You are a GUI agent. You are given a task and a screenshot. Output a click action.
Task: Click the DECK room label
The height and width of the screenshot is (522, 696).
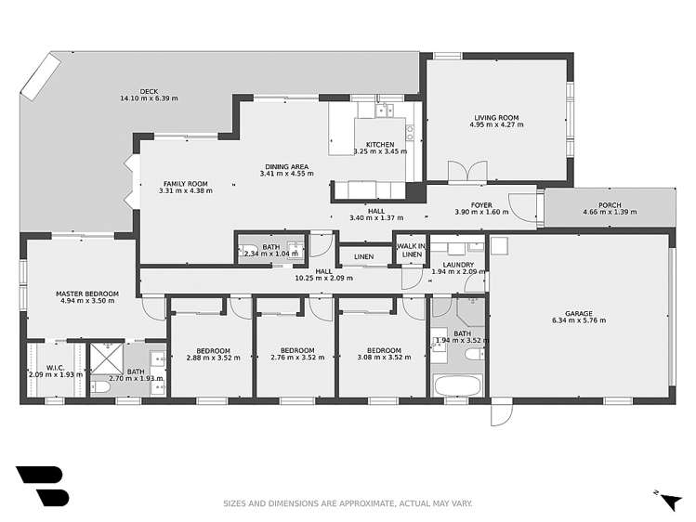point(149,91)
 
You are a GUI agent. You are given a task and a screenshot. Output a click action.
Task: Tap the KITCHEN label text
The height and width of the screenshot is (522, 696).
point(380,144)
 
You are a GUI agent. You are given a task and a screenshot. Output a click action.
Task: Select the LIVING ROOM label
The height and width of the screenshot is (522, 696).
point(495,118)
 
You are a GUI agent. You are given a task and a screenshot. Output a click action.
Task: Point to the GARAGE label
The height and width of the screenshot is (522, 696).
point(578,314)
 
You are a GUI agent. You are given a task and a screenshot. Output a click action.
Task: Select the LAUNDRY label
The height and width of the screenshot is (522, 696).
point(459,265)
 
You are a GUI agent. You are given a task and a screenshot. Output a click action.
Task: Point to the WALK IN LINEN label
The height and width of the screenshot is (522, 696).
point(411,250)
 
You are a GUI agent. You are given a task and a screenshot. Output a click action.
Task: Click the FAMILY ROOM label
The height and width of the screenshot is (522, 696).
point(186,184)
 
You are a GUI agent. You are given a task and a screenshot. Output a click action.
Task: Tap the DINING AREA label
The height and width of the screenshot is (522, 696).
point(284,167)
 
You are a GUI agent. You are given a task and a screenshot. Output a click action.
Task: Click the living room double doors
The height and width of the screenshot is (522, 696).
point(467,173)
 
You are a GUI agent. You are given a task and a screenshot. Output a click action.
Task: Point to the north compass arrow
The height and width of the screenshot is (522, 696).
point(668,502)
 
